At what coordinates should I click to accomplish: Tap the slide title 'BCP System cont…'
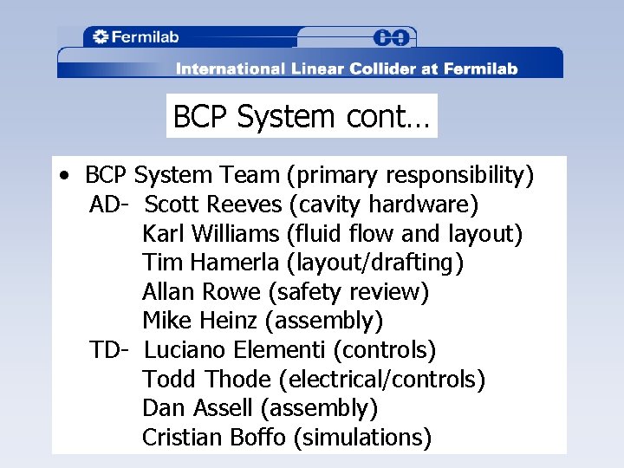click(302, 116)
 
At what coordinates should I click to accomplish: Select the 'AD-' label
click(109, 205)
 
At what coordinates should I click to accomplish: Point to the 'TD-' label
click(109, 350)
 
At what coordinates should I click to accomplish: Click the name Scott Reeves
click(213, 205)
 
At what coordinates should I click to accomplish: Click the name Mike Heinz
click(199, 321)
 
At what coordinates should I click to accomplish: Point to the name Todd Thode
click(207, 380)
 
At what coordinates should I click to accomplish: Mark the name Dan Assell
click(198, 408)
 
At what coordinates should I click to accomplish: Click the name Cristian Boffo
click(213, 438)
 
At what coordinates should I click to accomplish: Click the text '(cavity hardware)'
click(384, 205)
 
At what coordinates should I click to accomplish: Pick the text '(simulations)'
click(362, 438)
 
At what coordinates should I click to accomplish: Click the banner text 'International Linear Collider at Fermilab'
click(347, 68)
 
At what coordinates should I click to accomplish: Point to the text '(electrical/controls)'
click(382, 380)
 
